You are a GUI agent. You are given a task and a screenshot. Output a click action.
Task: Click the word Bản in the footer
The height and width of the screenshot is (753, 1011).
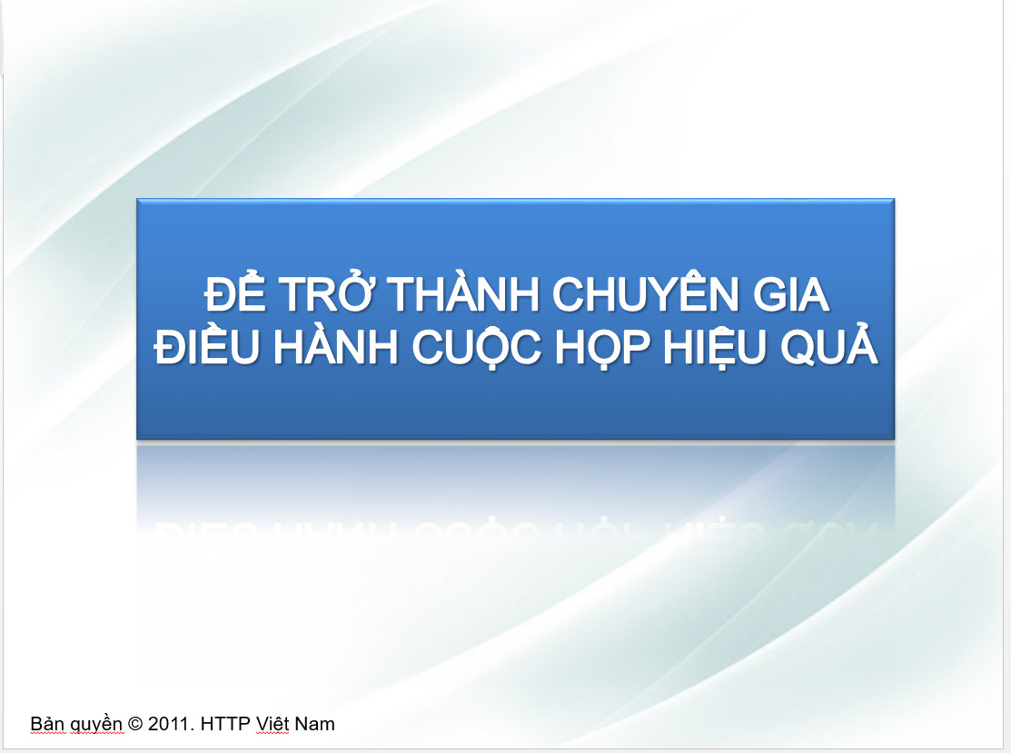click(x=47, y=724)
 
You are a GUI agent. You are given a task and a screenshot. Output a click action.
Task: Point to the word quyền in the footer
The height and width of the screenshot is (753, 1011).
click(x=97, y=725)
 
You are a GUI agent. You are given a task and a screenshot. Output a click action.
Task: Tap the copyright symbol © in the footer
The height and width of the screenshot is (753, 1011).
click(x=136, y=724)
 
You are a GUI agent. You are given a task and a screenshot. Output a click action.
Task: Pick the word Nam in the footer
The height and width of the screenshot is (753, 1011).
click(x=316, y=724)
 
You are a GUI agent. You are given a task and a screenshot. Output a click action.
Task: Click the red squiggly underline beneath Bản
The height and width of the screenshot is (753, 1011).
click(x=47, y=734)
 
